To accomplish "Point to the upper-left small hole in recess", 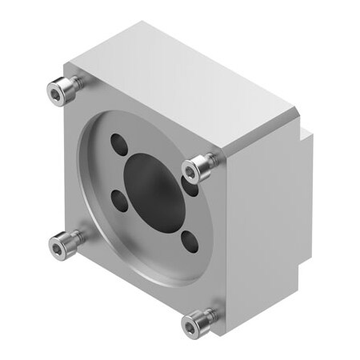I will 118,146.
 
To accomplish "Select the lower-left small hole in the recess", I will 119,202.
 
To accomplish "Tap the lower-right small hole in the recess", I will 190,240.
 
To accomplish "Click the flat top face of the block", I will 176,80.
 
